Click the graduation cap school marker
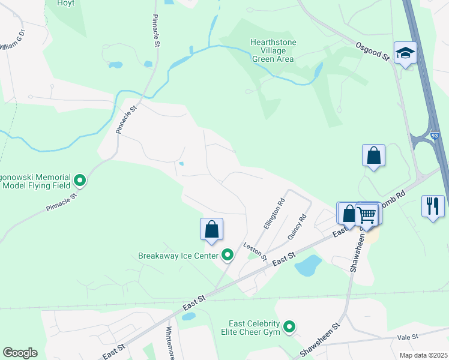tap(405, 53)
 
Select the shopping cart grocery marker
tap(367, 214)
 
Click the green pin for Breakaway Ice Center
tap(228, 256)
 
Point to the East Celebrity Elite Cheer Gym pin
tap(289, 327)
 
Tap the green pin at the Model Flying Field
tap(80, 179)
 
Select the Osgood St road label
tap(372, 50)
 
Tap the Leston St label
tap(255, 251)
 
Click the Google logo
tap(20, 353)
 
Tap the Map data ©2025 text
tap(423, 355)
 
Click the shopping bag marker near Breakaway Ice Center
tap(211, 229)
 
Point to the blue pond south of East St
tap(308, 265)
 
